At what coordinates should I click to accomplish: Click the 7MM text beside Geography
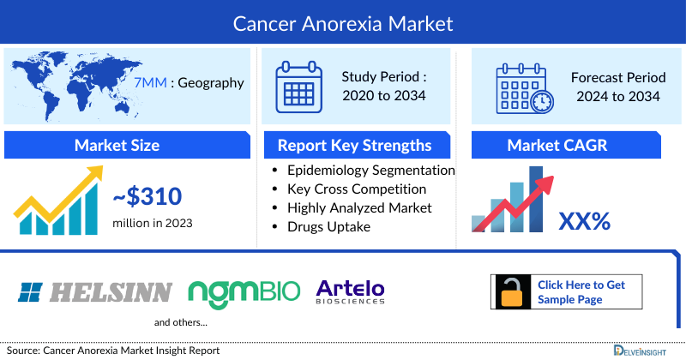coord(150,83)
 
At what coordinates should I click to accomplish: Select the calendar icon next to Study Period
coord(298,86)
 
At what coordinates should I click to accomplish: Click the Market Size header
coord(117,145)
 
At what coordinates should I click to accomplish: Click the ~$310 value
coord(147,197)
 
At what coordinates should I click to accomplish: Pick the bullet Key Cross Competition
coord(357,189)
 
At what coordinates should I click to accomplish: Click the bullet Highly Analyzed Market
coord(359,207)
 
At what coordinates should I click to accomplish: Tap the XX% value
coord(584,221)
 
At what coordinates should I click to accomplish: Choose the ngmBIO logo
coord(244,291)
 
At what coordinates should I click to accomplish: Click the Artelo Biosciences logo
coord(351,291)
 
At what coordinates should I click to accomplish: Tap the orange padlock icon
coord(512,292)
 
